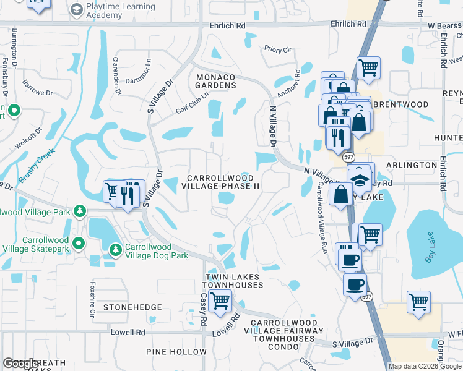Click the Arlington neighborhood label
(x=412, y=165)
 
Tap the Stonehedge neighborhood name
(x=132, y=307)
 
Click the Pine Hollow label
(x=171, y=351)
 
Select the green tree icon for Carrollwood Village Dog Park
(x=115, y=250)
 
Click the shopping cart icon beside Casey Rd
(x=220, y=301)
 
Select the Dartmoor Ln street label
(x=137, y=80)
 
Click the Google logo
(x=21, y=364)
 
